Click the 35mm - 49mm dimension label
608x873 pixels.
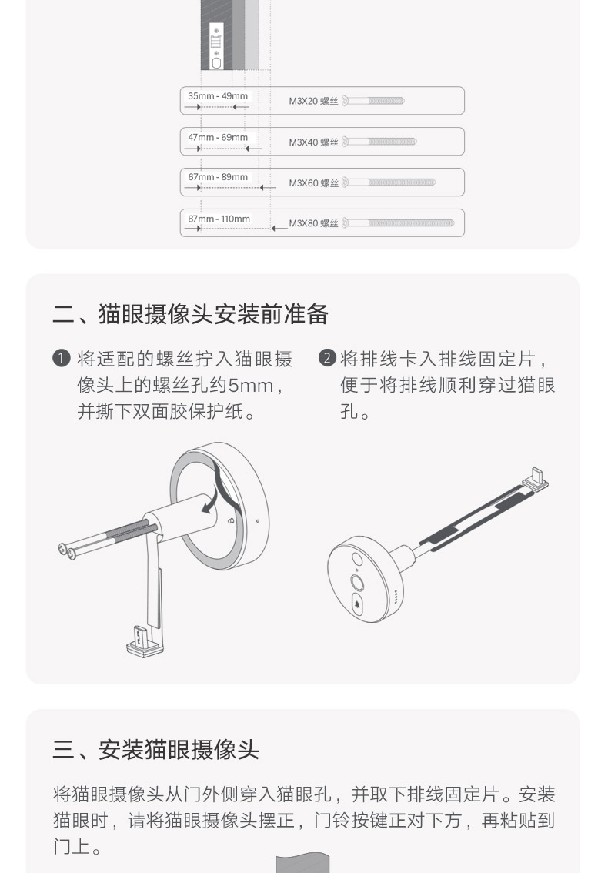(x=219, y=96)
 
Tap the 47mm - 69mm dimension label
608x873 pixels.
(x=219, y=137)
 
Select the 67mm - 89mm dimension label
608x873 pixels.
(x=219, y=177)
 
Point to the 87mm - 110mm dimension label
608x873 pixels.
(x=219, y=219)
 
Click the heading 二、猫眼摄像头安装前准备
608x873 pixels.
(x=190, y=314)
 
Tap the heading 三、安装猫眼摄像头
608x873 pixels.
(x=155, y=749)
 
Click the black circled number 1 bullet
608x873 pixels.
(x=62, y=359)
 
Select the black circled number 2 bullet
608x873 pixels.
(x=327, y=359)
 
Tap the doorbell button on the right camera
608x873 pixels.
(x=359, y=605)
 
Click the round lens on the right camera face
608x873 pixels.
(x=357, y=582)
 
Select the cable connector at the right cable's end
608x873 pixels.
(x=535, y=481)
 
